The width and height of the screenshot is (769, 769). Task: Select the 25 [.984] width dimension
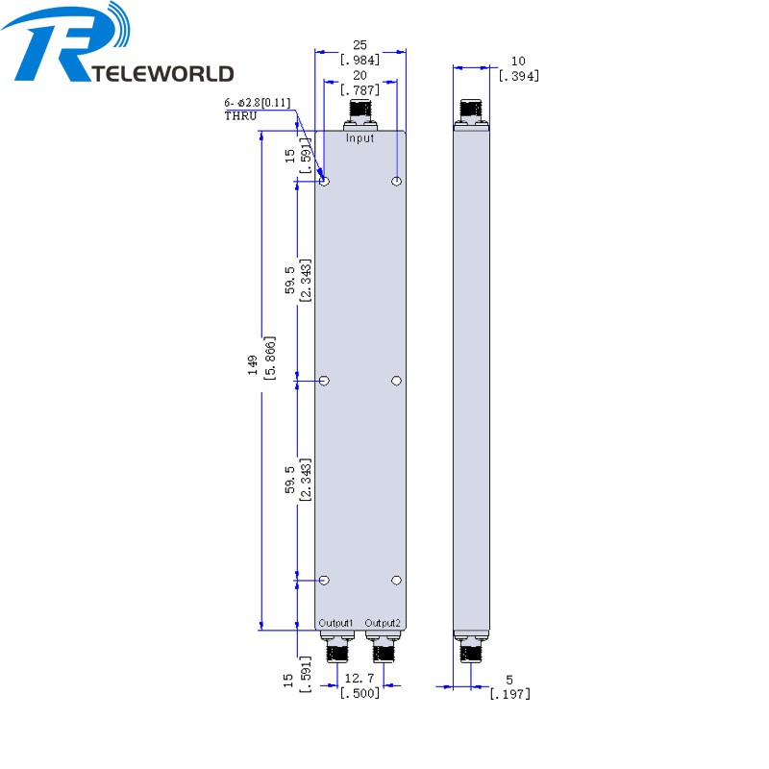[x=360, y=52]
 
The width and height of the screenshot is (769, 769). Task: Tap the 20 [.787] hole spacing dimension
[x=360, y=84]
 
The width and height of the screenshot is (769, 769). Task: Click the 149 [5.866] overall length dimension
[x=260, y=366]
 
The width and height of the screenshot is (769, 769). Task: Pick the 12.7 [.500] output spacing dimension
[x=360, y=685]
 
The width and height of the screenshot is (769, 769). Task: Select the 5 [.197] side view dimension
[x=509, y=685]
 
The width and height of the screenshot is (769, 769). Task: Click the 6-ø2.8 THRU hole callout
[x=257, y=108]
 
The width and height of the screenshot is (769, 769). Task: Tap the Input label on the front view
[x=360, y=138]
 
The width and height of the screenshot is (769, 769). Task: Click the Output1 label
[x=337, y=623]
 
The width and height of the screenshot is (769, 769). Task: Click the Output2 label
[x=383, y=623]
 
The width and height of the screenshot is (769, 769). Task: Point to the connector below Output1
[x=337, y=647]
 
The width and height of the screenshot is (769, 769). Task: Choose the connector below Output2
[x=384, y=647]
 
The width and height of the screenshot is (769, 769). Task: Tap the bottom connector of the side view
[x=471, y=648]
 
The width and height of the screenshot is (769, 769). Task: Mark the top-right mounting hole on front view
[x=396, y=182]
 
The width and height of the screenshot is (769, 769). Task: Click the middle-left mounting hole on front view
[x=325, y=381]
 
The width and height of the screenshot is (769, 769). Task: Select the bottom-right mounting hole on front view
[x=396, y=580]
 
